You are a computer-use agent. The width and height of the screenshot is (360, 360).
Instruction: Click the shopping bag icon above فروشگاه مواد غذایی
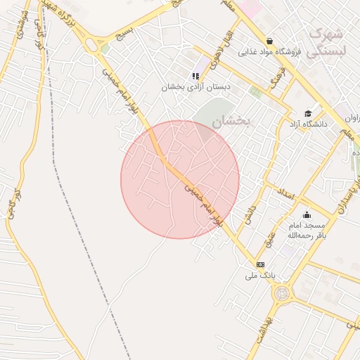click(x=270, y=41)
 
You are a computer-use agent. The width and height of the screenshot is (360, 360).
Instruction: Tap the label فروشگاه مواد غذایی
click(x=270, y=52)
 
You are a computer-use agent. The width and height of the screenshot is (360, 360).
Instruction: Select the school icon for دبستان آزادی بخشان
click(x=195, y=76)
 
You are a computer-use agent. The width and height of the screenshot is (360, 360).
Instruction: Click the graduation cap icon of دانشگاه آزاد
click(x=307, y=113)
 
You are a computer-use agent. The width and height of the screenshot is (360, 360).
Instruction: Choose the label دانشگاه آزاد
click(x=308, y=124)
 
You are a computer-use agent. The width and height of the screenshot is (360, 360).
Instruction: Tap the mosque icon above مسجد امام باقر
click(x=306, y=214)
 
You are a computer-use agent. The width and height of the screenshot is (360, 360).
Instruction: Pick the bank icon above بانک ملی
click(x=261, y=264)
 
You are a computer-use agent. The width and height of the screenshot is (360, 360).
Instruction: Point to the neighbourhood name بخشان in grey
click(x=231, y=121)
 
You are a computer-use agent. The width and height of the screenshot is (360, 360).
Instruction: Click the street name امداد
click(x=285, y=195)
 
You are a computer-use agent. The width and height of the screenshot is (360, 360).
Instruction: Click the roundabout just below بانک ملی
click(x=282, y=292)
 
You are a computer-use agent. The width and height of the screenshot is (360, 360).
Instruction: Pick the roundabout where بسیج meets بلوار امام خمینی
click(x=91, y=46)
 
